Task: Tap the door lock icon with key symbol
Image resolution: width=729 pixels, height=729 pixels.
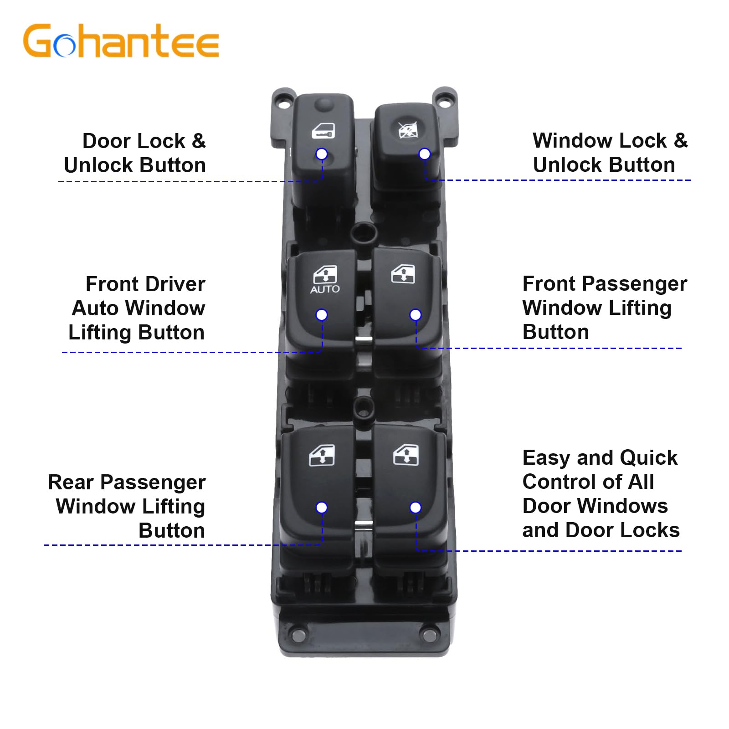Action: (323, 131)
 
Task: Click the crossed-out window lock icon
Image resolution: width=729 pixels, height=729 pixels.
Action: (407, 130)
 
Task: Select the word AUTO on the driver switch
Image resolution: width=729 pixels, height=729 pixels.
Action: (325, 289)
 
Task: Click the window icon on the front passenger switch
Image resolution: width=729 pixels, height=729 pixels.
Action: (403, 274)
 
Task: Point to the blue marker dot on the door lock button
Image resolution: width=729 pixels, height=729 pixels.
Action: (322, 154)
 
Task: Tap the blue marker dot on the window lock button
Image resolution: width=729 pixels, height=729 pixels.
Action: (424, 154)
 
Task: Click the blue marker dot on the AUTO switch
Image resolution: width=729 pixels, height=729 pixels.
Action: (322, 315)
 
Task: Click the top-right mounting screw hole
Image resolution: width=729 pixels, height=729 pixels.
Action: (444, 98)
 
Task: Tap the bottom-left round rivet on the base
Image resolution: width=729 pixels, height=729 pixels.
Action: (299, 636)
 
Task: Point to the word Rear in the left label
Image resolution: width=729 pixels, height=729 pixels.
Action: (71, 483)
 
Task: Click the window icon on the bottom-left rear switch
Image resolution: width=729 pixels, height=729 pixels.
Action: (322, 455)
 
